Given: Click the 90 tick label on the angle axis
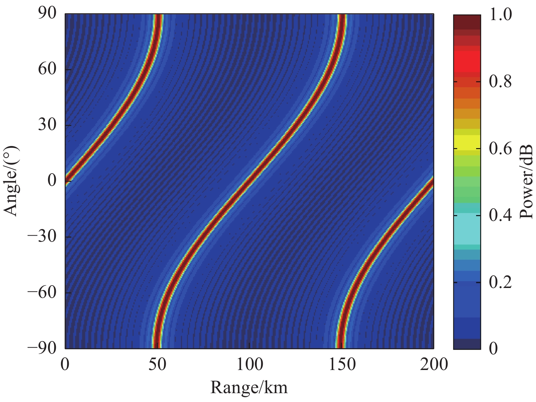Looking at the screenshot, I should click(48, 15).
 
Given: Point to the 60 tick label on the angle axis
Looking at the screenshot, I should click(48, 69).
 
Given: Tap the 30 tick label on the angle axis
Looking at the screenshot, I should click(48, 125).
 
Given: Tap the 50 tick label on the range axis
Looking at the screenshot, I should click(157, 364).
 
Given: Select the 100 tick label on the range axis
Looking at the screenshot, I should click(249, 364).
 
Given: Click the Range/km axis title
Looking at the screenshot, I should click(249, 387).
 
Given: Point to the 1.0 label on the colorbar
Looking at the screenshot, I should click(500, 15).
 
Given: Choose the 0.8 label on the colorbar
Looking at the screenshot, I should click(500, 82).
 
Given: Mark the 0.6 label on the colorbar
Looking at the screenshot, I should click(500, 148).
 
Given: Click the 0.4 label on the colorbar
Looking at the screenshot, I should click(500, 215).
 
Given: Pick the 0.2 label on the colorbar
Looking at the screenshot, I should click(500, 282).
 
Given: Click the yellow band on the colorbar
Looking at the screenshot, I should click(467, 142).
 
